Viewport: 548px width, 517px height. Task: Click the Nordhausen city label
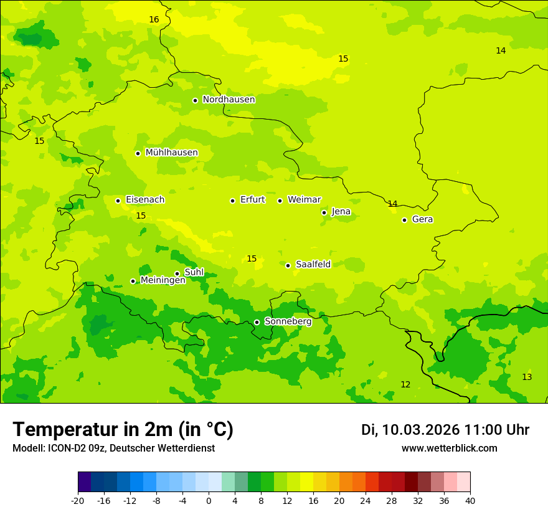[229, 100]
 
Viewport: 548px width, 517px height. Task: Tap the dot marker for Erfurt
[232, 201]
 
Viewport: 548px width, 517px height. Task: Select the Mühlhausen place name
[171, 153]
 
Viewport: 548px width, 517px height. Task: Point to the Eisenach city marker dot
[118, 201]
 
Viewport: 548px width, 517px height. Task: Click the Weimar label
[304, 200]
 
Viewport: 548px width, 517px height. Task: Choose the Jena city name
[341, 212]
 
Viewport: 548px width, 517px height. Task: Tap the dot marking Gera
[404, 220]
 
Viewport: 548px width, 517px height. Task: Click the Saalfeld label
[313, 265]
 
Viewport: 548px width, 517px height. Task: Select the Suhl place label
[194, 272]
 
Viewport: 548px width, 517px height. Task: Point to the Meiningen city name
[163, 280]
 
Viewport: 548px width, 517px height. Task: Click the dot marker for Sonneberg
[257, 322]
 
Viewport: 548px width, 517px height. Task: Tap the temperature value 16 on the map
[154, 20]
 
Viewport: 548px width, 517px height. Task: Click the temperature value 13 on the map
[527, 377]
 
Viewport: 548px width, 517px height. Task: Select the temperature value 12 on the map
[405, 385]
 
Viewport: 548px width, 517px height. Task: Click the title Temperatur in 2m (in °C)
[123, 430]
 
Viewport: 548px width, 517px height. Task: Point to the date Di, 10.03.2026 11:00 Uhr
[445, 430]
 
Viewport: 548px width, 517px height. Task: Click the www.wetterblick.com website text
[449, 448]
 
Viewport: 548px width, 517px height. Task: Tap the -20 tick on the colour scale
[78, 500]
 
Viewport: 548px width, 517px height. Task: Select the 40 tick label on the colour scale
[470, 500]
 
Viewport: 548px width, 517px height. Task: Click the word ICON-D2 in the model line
[64, 448]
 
